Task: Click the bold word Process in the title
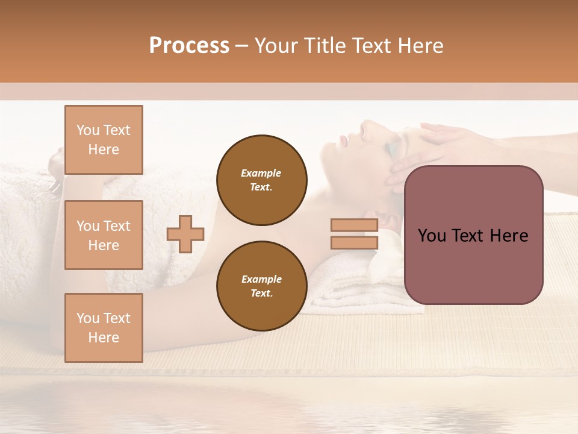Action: tap(189, 46)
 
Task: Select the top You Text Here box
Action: tap(104, 139)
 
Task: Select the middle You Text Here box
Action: tap(104, 235)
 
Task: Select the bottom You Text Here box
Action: tap(104, 327)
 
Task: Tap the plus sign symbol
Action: tap(185, 234)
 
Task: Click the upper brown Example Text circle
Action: tap(262, 180)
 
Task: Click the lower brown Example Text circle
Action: tap(262, 286)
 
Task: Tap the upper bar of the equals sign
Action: tap(355, 225)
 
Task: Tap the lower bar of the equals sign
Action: tap(355, 243)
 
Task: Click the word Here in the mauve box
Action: tap(509, 236)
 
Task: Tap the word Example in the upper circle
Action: tap(261, 173)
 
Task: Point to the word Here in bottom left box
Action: tap(104, 338)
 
